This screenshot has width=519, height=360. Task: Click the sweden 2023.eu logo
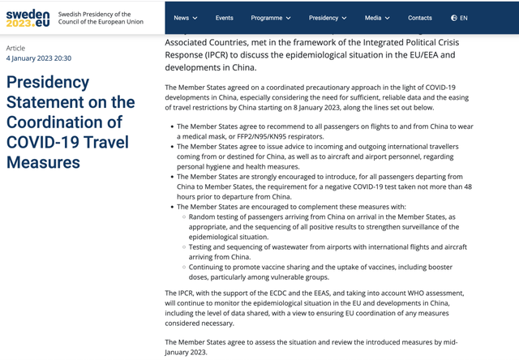point(28,19)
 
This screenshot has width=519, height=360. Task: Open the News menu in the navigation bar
point(184,18)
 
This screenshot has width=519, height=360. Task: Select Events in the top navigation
point(225,18)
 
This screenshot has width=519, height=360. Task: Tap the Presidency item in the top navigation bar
point(327,18)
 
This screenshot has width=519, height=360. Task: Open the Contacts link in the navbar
point(419,18)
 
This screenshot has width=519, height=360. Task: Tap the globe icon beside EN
point(453,18)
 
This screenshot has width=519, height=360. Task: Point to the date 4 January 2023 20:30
point(39,58)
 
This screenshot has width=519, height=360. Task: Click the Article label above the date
point(16,48)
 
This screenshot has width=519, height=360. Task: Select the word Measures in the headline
point(43,162)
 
